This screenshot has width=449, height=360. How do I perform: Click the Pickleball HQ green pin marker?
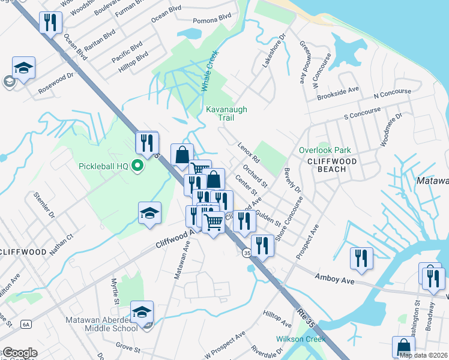(137, 166)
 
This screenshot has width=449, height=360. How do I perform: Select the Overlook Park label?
(325, 150)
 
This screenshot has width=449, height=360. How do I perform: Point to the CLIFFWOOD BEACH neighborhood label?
(332, 165)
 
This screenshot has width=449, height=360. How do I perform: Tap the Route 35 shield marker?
(247, 254)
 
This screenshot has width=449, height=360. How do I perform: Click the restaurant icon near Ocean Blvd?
(50, 23)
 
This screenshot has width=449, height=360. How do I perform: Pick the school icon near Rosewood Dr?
(23, 68)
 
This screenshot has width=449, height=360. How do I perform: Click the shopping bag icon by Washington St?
(403, 346)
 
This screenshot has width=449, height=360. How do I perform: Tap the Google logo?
(19, 353)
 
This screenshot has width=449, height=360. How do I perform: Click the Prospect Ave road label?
(307, 243)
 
